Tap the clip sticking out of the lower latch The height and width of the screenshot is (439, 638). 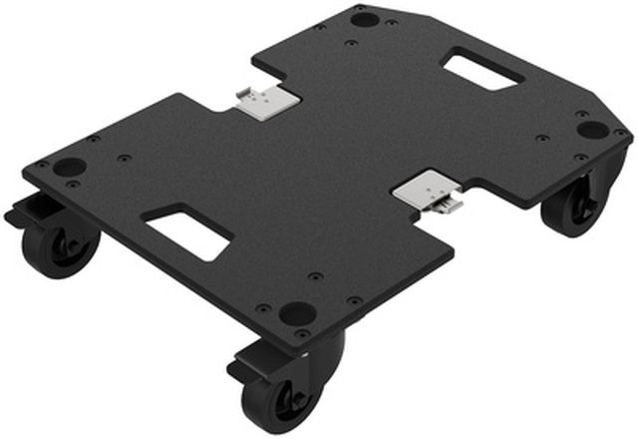(x=452, y=205)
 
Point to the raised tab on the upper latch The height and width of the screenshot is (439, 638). (x=247, y=96)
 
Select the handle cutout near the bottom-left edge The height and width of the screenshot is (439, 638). (x=189, y=231)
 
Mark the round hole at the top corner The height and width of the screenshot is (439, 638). (x=365, y=19)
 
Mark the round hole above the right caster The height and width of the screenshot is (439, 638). (x=591, y=130)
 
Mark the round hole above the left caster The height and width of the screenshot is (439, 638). (x=69, y=167)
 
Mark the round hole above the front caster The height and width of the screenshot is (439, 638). (x=297, y=312)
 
